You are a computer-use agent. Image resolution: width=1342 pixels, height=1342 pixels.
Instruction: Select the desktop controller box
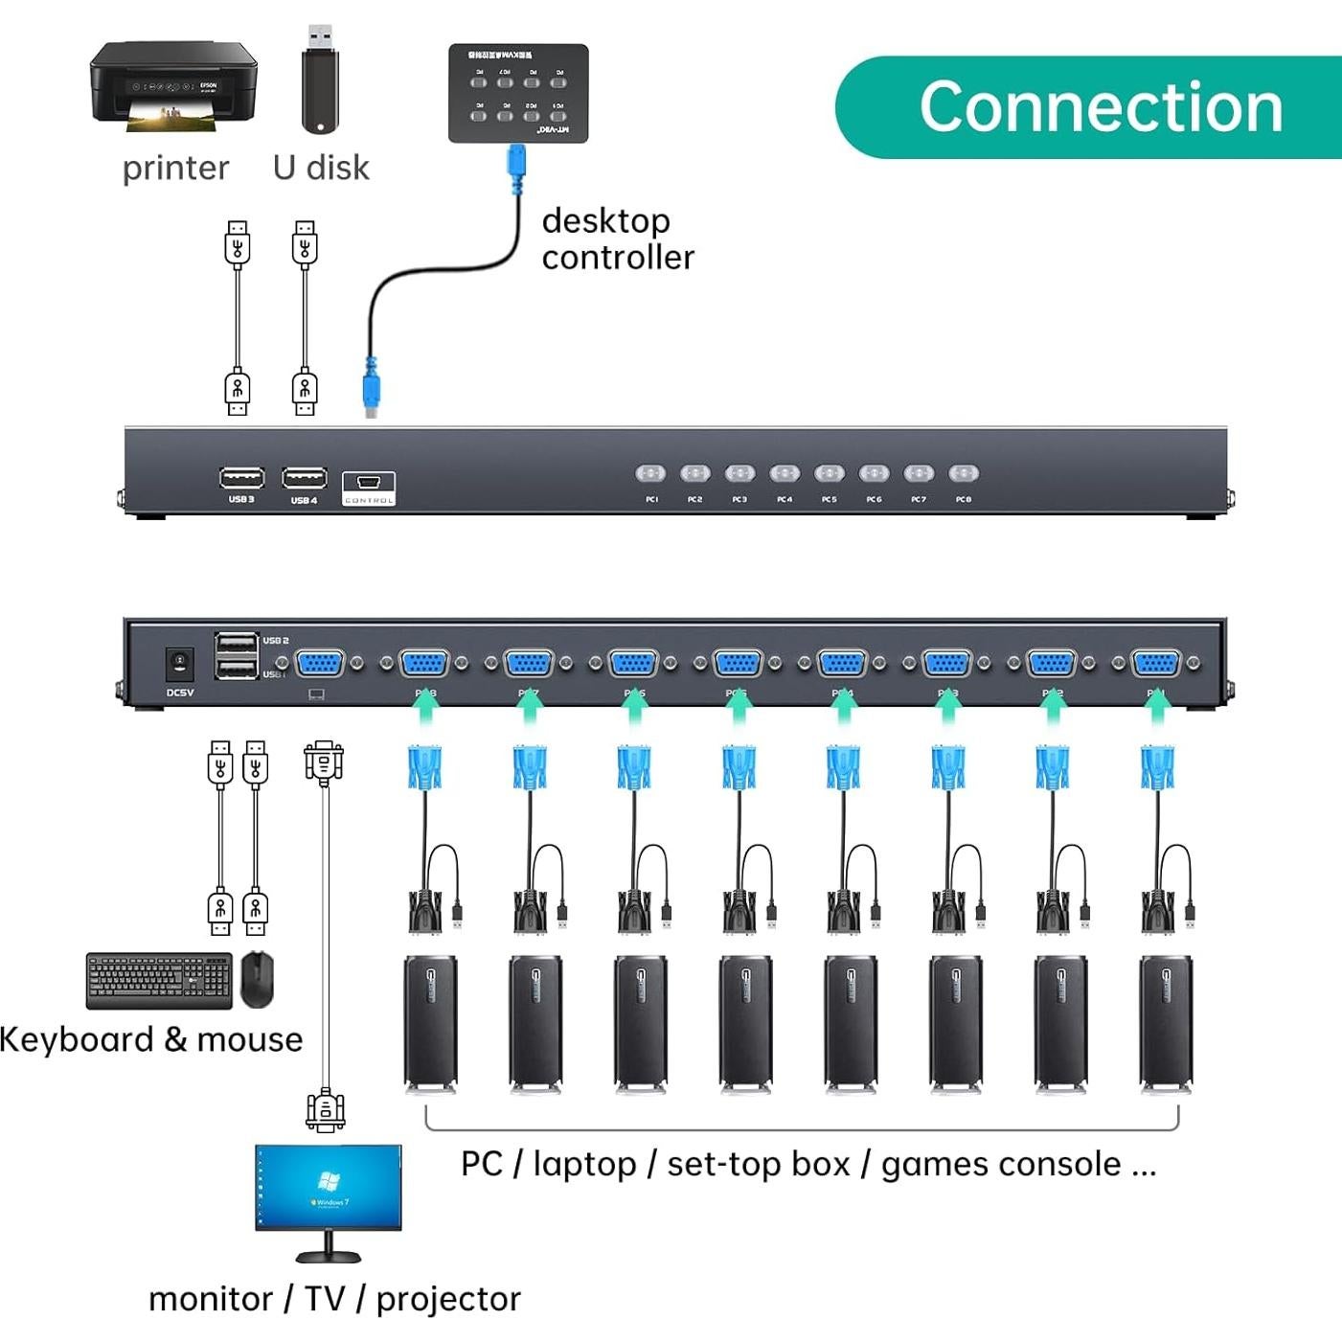[x=518, y=93]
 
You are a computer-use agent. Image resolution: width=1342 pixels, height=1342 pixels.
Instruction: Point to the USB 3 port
[x=241, y=477]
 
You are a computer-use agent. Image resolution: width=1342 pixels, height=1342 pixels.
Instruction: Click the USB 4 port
[x=304, y=477]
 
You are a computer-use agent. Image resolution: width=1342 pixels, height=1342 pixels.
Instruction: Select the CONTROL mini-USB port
[x=369, y=483]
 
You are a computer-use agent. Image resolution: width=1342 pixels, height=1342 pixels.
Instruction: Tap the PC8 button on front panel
[x=963, y=473]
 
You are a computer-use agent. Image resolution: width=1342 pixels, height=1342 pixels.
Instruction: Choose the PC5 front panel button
[x=829, y=473]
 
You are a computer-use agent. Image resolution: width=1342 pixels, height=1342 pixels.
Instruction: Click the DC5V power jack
[x=179, y=662]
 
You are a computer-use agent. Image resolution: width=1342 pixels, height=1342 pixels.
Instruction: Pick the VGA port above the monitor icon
[x=320, y=663]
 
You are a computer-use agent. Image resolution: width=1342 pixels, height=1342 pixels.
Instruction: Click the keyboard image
[x=159, y=980]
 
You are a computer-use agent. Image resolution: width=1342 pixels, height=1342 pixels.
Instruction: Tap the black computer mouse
[x=257, y=978]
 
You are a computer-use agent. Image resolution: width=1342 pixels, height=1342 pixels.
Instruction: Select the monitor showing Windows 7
[x=329, y=1188]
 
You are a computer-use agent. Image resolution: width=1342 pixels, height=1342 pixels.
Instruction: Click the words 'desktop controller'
[x=617, y=239]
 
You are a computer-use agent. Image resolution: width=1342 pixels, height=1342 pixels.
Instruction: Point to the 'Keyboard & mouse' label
[x=151, y=1039]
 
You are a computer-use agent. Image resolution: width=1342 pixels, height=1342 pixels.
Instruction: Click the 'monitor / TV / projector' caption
[x=334, y=1299]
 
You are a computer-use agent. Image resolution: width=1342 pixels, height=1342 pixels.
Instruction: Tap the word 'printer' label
[x=175, y=169]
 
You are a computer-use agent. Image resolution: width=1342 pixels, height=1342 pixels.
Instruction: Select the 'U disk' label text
[x=321, y=168]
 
